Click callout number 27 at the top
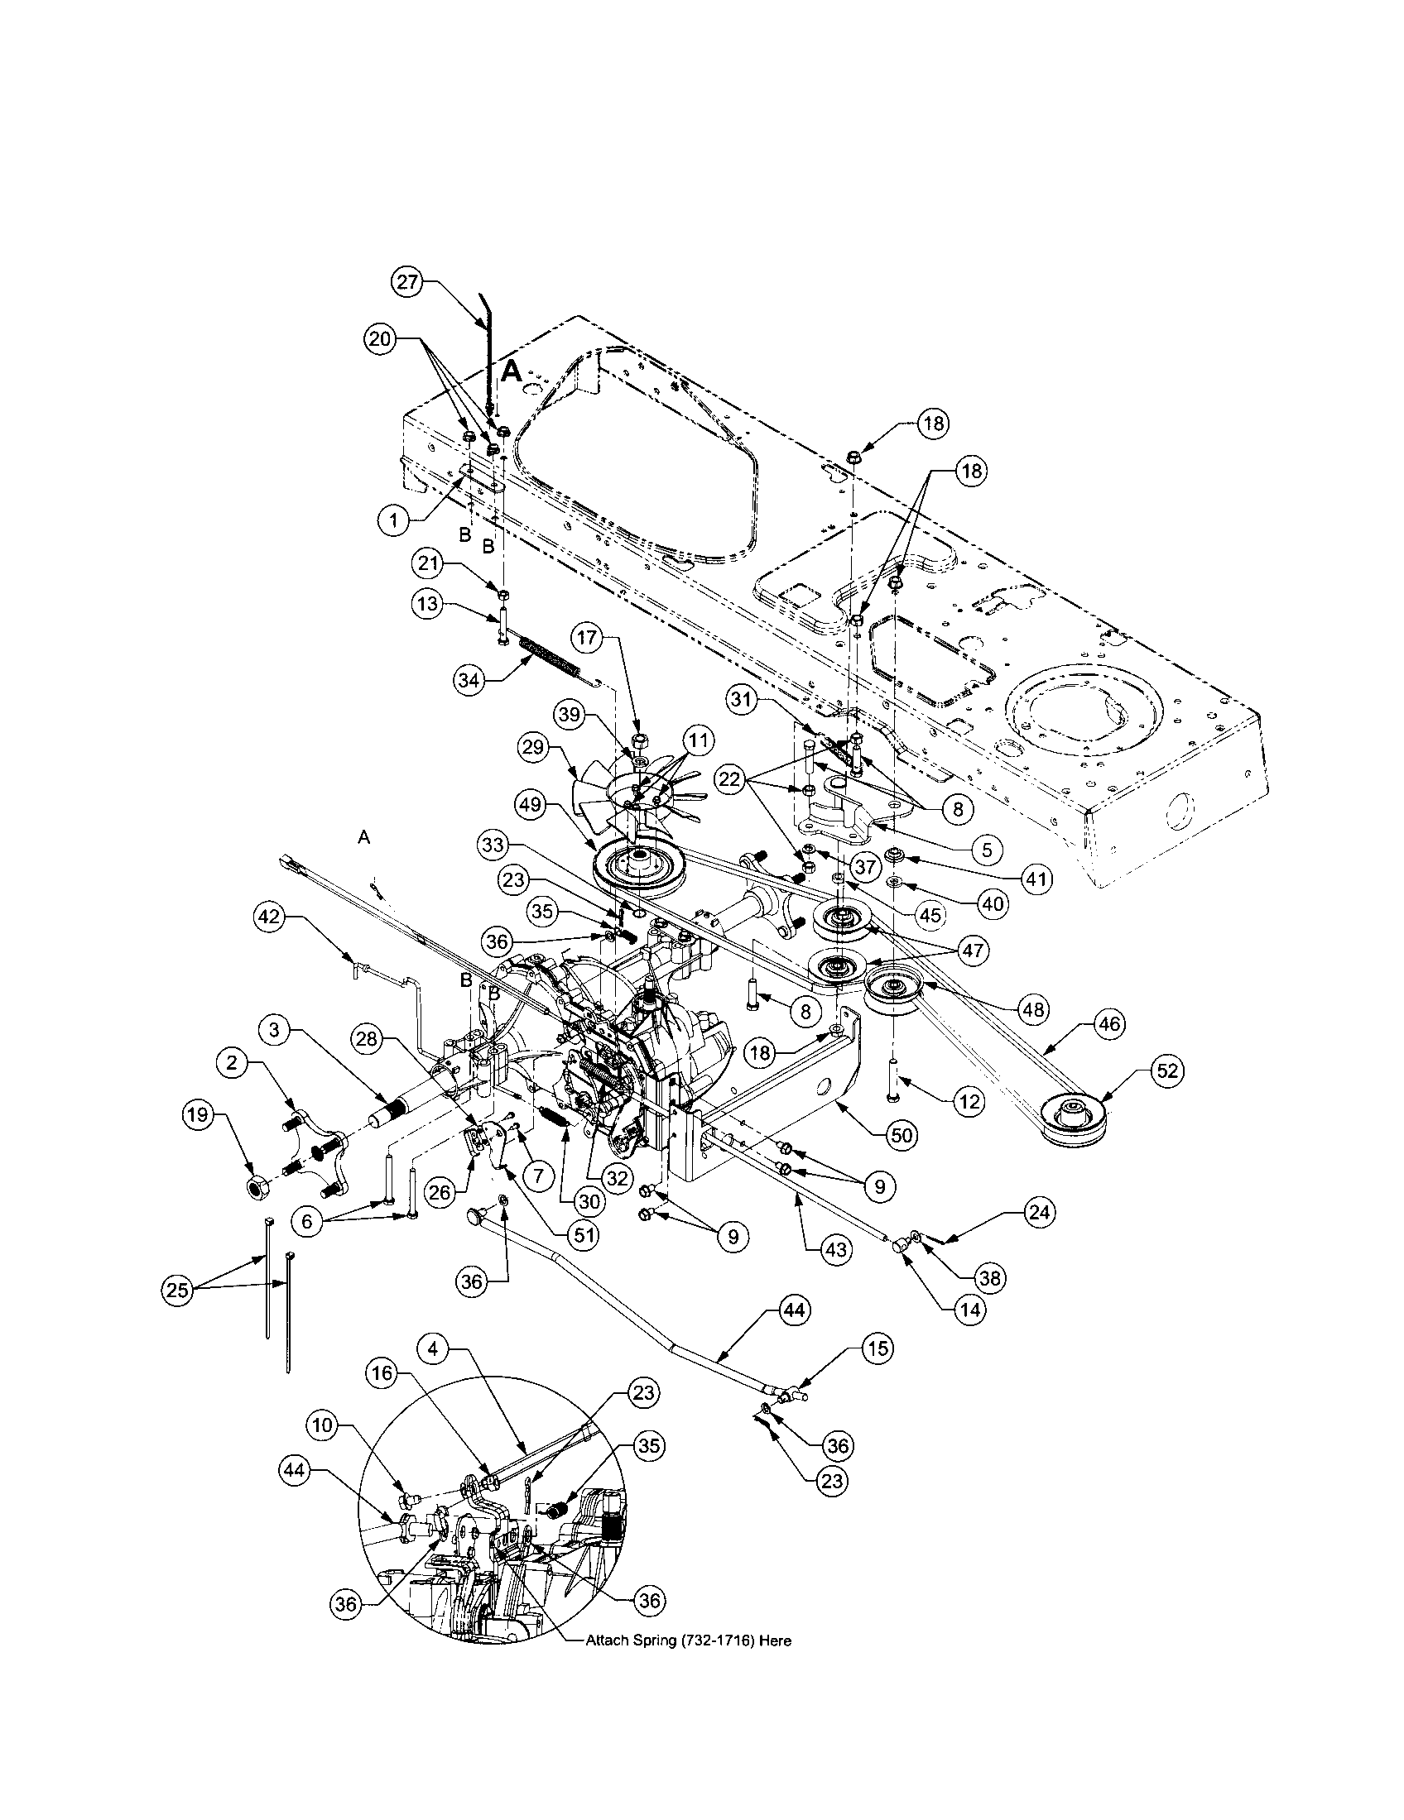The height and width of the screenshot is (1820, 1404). click(406, 282)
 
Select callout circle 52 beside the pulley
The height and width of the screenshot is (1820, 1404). click(1167, 1070)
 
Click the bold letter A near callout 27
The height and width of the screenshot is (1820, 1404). click(512, 371)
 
